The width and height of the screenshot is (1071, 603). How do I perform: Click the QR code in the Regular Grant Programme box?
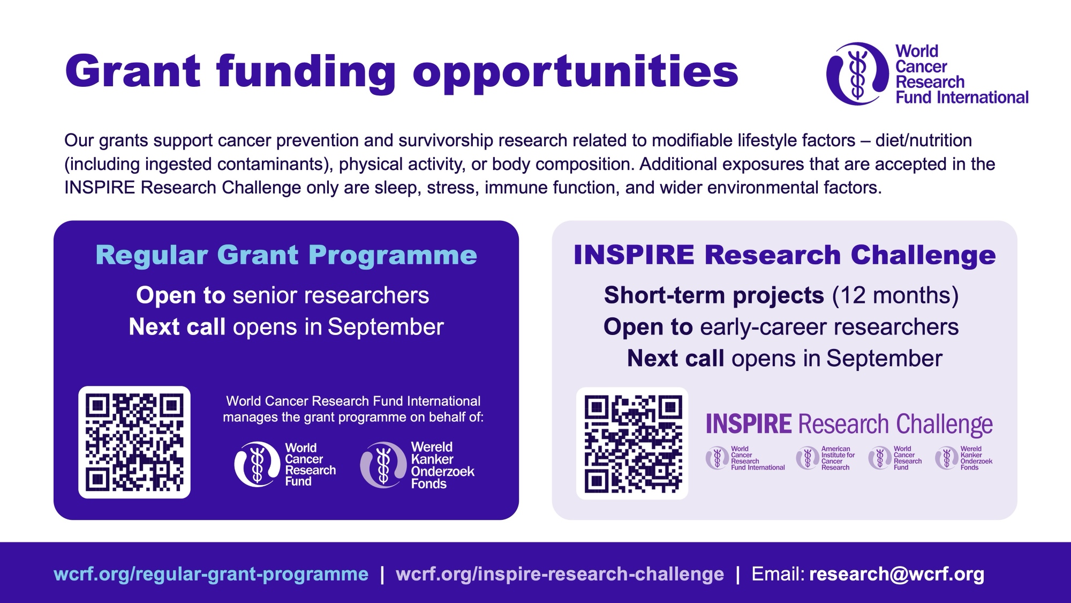(x=134, y=442)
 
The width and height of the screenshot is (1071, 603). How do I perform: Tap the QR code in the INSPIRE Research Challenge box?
(x=632, y=443)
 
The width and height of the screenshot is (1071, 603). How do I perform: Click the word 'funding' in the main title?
(x=306, y=73)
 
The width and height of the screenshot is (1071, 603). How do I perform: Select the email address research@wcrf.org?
(x=896, y=574)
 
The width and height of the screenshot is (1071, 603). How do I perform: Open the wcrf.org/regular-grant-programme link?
(x=211, y=574)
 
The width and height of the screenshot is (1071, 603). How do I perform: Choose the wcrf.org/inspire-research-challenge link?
(x=560, y=574)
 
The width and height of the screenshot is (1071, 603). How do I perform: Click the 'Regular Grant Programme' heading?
(x=286, y=255)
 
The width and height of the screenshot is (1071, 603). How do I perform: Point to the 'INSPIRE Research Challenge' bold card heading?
(x=785, y=255)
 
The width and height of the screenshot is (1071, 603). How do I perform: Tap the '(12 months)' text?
(x=895, y=295)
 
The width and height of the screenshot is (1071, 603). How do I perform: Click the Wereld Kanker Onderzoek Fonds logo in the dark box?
(x=418, y=465)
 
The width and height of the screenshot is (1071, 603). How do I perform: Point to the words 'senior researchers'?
(x=330, y=295)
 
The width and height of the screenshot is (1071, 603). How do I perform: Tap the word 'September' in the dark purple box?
(x=386, y=327)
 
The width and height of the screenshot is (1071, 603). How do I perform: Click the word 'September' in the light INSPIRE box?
(x=884, y=359)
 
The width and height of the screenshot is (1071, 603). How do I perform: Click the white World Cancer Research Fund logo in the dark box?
(x=285, y=464)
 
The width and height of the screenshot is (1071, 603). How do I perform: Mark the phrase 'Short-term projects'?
(x=714, y=295)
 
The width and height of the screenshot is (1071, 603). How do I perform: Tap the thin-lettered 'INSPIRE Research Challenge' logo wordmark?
(x=849, y=424)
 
